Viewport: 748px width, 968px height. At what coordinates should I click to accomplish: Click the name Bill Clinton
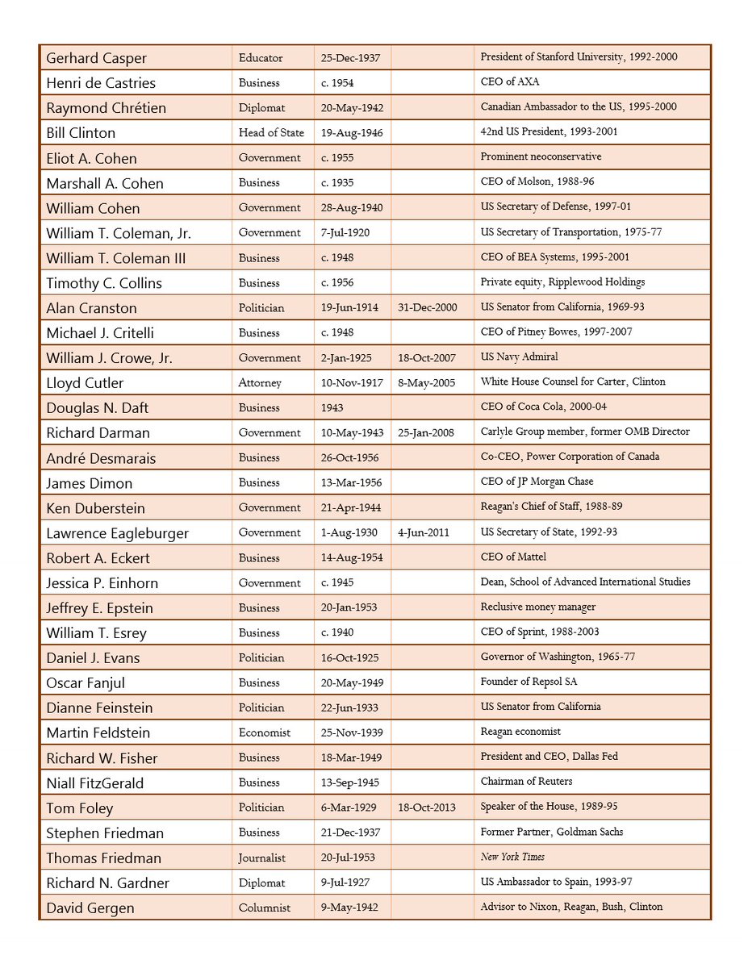(x=81, y=133)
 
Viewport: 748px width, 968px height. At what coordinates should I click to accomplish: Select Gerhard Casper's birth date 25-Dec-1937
(x=350, y=58)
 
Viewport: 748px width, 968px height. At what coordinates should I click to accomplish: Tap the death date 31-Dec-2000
(x=428, y=307)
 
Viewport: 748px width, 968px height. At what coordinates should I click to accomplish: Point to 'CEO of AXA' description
(x=510, y=82)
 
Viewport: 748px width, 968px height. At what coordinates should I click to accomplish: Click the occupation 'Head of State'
(x=270, y=132)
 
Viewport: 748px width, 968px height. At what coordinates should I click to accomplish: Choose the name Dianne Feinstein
(x=99, y=707)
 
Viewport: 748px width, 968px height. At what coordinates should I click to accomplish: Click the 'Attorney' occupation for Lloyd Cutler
(x=261, y=382)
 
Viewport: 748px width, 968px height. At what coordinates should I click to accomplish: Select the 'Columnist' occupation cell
(x=265, y=907)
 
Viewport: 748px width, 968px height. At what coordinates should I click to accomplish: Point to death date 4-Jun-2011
(x=425, y=532)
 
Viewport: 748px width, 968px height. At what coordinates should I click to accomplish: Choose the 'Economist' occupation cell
(x=265, y=732)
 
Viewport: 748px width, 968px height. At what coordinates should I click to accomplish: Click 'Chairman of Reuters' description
(x=526, y=782)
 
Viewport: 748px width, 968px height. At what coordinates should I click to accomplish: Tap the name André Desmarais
(x=101, y=458)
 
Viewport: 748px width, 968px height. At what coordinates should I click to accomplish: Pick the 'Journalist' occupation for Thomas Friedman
(x=262, y=857)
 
